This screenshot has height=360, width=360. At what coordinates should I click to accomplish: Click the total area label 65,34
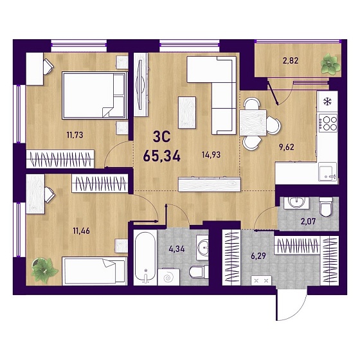point(161,157)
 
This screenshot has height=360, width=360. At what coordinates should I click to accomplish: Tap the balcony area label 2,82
point(290,61)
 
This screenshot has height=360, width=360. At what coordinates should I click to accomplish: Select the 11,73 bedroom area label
point(75,135)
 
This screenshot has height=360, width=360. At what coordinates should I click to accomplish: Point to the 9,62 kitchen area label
point(286,147)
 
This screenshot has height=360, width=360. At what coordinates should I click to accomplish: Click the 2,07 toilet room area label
point(309,222)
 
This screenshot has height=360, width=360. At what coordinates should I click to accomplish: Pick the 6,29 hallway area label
point(258,256)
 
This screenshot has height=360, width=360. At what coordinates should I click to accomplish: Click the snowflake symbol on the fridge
point(327,102)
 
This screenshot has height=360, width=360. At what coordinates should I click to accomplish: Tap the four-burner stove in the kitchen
point(328,123)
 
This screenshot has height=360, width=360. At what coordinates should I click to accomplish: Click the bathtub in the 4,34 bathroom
point(145,256)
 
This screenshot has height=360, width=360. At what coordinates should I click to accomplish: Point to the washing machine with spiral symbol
point(168,276)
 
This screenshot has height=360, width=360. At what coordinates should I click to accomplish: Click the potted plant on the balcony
point(330,64)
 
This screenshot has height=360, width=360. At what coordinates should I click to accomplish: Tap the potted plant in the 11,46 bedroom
point(44,270)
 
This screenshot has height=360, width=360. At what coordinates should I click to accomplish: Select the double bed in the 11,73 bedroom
point(95,95)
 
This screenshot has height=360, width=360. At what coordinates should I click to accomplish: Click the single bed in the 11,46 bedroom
point(94,271)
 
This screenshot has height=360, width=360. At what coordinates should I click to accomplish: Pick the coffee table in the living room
point(187,113)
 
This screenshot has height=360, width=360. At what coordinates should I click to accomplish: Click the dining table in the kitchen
point(253,123)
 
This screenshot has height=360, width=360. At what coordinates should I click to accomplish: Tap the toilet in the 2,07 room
point(326,207)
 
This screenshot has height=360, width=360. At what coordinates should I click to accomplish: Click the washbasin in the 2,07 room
point(296,203)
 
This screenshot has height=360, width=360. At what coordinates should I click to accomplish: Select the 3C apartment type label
point(161,137)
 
